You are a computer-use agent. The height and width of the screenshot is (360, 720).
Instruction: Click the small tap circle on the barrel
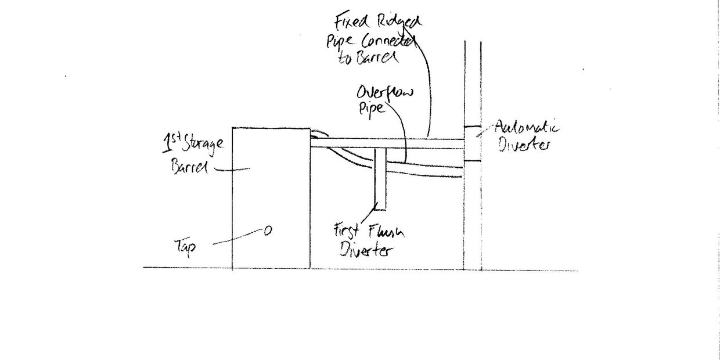[268, 231]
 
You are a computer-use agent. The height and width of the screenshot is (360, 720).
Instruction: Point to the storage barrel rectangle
[271, 192]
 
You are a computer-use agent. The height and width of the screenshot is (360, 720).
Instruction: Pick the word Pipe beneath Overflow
[372, 110]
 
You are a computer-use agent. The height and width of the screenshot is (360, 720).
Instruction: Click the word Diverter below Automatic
[523, 145]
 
